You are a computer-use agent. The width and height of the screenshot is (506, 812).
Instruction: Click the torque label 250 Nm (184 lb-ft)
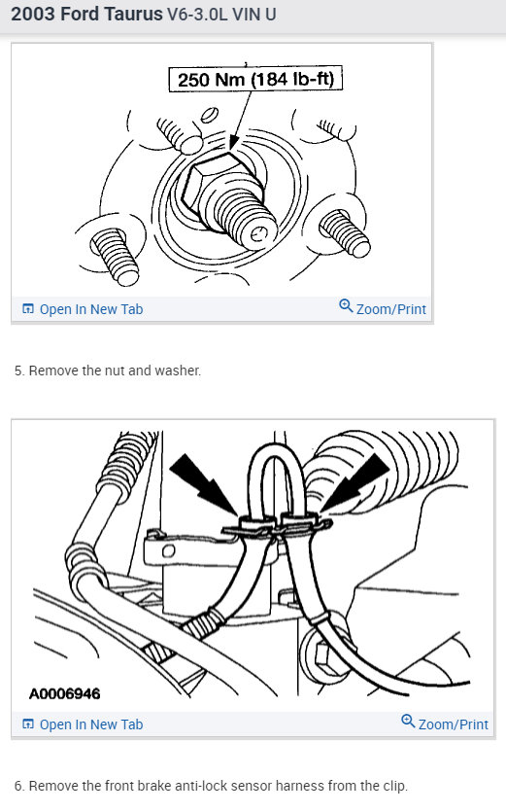(256, 79)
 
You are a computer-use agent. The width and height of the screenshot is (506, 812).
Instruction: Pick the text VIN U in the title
(266, 17)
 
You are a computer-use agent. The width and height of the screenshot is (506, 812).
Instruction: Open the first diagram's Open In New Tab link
(90, 309)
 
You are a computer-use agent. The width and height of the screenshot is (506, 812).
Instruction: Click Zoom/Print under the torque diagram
(390, 309)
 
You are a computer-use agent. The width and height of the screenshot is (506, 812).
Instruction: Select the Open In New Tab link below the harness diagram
(90, 724)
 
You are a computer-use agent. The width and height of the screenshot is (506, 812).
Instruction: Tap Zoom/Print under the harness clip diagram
(453, 724)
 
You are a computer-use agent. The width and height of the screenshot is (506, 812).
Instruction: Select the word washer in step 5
(181, 371)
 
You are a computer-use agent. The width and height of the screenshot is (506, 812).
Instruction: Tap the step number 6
(18, 786)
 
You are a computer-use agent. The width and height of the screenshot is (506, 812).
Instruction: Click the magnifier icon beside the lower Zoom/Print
(408, 723)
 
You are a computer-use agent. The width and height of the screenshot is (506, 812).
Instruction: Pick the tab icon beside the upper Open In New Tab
(27, 309)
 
